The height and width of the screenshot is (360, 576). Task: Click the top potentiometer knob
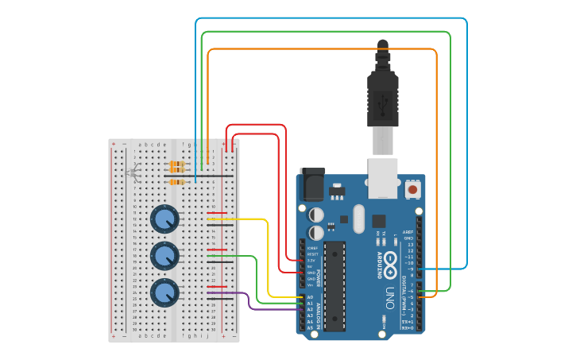coord(164,219)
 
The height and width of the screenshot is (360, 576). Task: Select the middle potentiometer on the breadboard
coord(164,256)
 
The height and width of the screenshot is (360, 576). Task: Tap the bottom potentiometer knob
coord(164,292)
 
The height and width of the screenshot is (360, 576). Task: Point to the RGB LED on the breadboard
coord(133,172)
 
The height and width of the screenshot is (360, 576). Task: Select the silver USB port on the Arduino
coord(383,177)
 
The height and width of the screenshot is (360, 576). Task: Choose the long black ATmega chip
coord(334,285)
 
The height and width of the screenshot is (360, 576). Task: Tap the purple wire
coord(250,302)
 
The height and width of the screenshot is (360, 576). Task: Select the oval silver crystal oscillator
coord(357,218)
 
